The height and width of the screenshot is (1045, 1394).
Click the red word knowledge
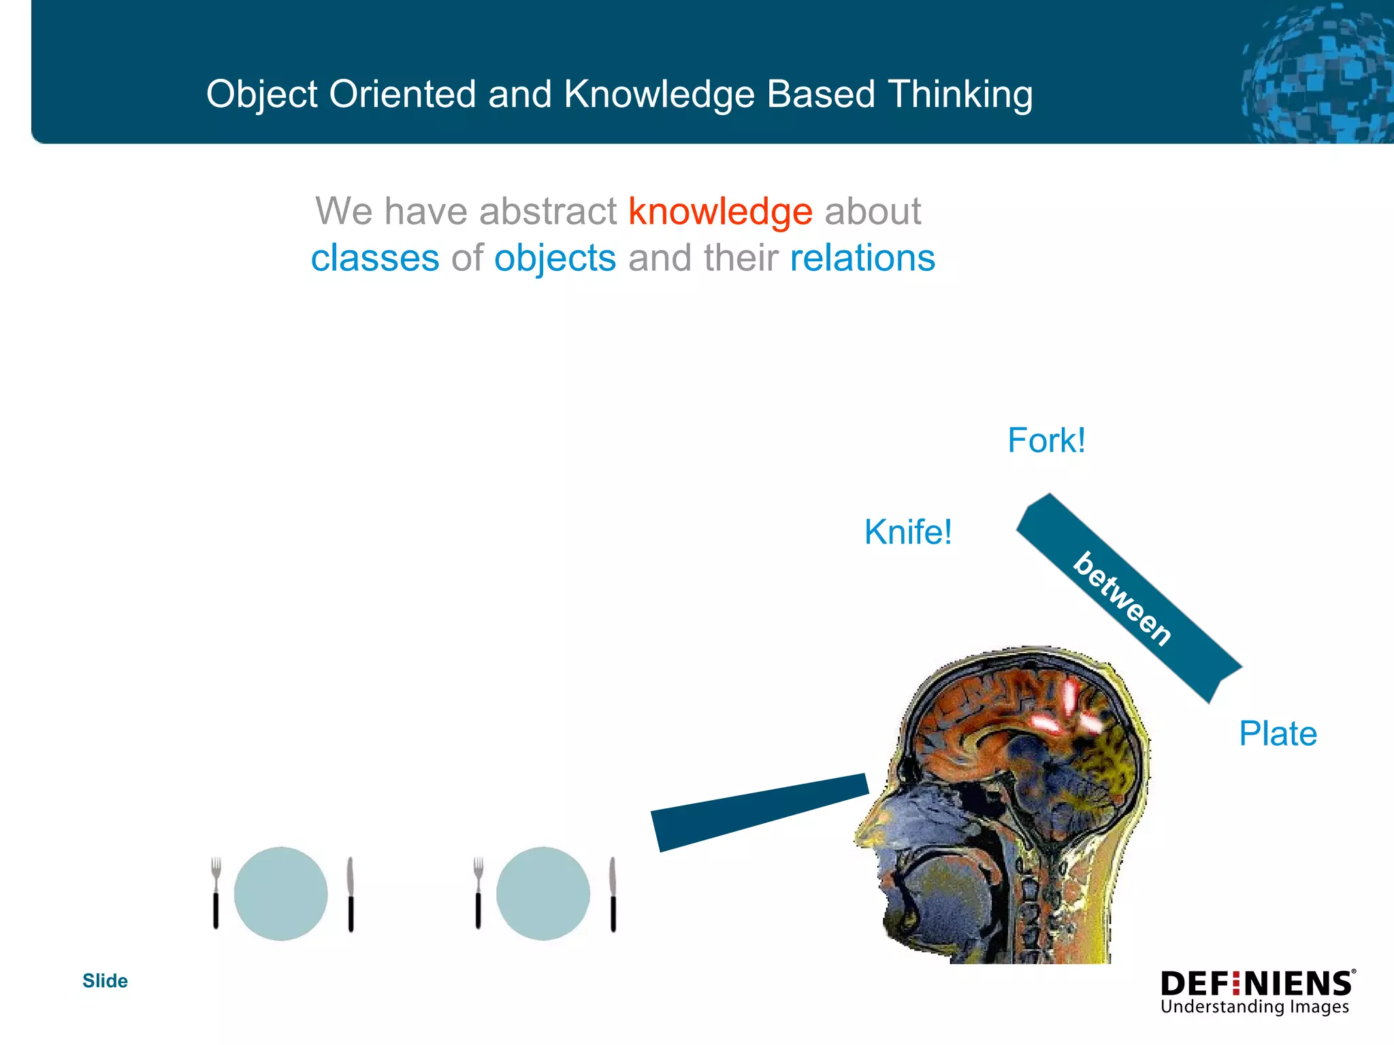click(720, 212)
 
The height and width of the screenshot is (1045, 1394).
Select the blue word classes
click(375, 259)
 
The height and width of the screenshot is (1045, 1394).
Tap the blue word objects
click(555, 259)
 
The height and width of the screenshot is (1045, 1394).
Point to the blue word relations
click(862, 259)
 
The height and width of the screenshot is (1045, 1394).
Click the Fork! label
click(1046, 440)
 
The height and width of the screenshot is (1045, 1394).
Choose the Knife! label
click(908, 532)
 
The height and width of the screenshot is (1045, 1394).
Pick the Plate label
click(1278, 734)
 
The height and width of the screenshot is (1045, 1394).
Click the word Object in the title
click(262, 94)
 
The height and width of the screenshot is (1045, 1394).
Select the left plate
click(280, 893)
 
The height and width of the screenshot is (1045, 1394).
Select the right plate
click(542, 893)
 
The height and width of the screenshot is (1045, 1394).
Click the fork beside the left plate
click(216, 893)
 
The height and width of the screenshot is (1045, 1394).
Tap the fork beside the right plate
click(478, 893)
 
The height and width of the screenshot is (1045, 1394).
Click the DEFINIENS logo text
click(1257, 984)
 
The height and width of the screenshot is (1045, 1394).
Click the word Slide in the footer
click(105, 981)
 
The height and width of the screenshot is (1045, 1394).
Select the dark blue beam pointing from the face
click(759, 812)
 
